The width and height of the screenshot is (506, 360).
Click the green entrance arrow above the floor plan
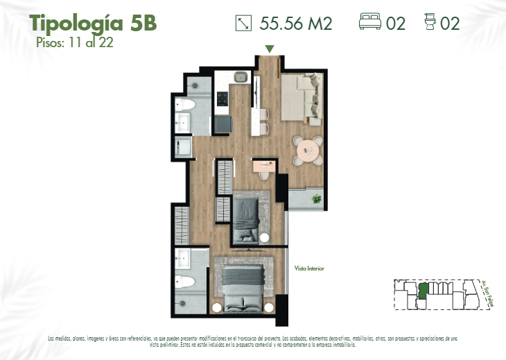[270, 49]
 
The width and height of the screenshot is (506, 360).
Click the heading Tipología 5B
[93, 23]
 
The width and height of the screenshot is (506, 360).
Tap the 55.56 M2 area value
[296, 23]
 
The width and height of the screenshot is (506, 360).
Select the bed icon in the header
[370, 23]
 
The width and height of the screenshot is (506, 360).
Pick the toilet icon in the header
[430, 23]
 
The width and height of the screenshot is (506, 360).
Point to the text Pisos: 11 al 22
[74, 42]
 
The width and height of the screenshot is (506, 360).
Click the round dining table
[308, 151]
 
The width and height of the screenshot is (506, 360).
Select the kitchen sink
[241, 78]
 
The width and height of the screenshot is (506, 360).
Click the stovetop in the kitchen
[223, 100]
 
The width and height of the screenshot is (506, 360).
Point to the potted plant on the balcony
[317, 199]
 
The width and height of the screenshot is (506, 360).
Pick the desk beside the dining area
[264, 166]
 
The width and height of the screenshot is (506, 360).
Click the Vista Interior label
[309, 268]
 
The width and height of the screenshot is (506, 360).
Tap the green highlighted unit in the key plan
[422, 291]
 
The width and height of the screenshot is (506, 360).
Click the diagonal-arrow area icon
[243, 23]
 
